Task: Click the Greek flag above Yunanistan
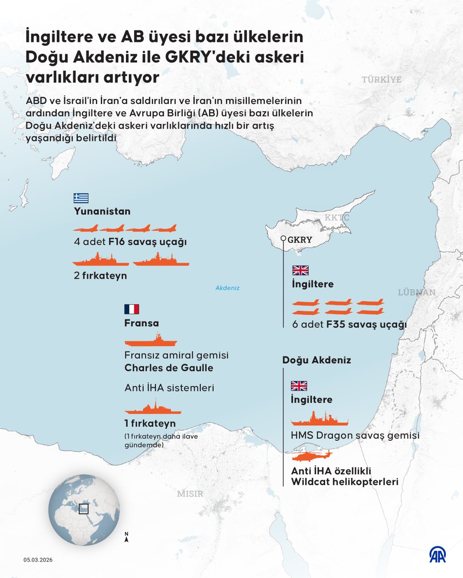(81, 198)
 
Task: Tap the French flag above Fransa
(132, 309)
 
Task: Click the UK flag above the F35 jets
(300, 270)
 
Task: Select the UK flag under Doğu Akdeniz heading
(299, 386)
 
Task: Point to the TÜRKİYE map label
(381, 79)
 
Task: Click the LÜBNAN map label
(417, 292)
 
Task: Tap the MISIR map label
(190, 494)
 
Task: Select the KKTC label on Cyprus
(337, 218)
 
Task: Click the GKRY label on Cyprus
(300, 239)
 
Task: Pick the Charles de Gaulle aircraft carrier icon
(151, 340)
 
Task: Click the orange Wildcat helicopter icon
(312, 456)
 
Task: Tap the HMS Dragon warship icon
(319, 419)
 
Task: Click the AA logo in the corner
(437, 555)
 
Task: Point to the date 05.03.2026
(39, 559)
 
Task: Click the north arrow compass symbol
(126, 537)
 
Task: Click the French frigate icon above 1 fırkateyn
(153, 409)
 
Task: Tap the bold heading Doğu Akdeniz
(316, 360)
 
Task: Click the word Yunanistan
(102, 211)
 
